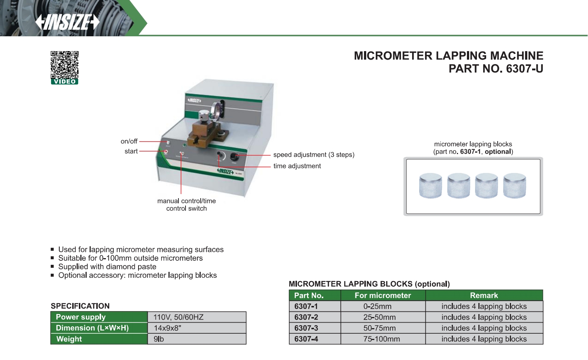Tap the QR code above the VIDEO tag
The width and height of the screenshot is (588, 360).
[64, 64]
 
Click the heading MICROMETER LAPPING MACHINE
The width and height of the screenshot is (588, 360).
[448, 56]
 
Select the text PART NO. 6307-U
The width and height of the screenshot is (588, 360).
[495, 69]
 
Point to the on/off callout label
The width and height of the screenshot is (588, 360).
[129, 141]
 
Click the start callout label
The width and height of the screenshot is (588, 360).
[131, 151]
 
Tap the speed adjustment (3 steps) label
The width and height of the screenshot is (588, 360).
[314, 155]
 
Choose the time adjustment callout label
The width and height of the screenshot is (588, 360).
[297, 166]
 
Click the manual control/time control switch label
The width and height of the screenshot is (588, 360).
[186, 204]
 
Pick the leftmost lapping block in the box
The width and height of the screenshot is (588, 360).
[430, 185]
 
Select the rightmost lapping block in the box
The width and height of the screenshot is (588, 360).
[514, 185]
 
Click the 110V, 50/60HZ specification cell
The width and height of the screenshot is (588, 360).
[197, 317]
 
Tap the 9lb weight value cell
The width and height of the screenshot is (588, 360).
[197, 339]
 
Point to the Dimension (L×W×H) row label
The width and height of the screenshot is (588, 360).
[92, 328]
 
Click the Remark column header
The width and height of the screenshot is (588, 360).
[484, 295]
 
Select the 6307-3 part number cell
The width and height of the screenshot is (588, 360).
[306, 328]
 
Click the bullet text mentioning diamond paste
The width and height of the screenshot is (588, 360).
[107, 267]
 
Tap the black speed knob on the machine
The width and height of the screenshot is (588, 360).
[234, 156]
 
